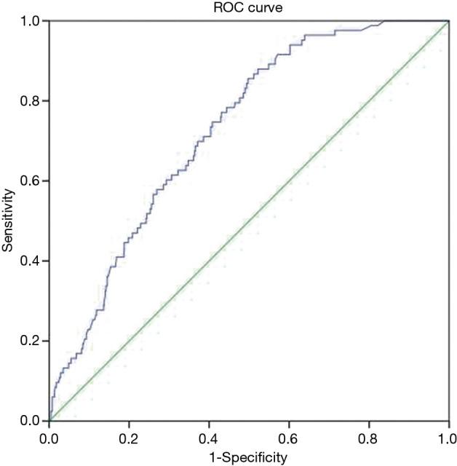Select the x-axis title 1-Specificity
pyautogui.click(x=250, y=457)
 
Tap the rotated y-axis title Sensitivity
pyautogui.click(x=8, y=221)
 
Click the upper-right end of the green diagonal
pyautogui.click(x=448, y=22)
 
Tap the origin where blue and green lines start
pyautogui.click(x=49, y=421)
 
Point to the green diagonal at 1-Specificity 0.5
pyautogui.click(x=249, y=221)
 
